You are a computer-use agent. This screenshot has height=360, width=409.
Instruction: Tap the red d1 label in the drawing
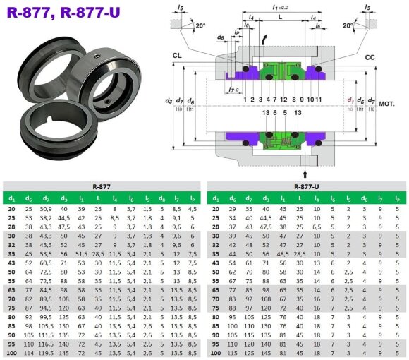[350, 100]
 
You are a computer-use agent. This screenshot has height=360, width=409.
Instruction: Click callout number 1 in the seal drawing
[244, 100]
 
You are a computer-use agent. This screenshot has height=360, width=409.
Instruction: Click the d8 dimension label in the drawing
[220, 36]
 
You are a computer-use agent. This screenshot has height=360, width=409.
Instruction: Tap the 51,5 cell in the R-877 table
[81, 252]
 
